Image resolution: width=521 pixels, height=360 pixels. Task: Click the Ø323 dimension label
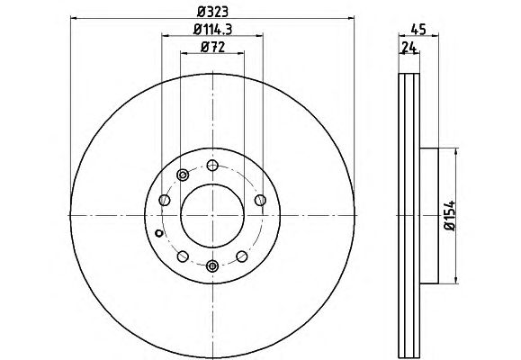(212, 12)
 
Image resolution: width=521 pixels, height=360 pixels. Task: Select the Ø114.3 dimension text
(212, 30)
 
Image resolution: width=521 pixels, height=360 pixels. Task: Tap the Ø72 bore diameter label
(212, 47)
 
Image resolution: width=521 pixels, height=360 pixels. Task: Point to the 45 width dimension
(418, 30)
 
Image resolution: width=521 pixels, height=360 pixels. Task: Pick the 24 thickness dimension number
(409, 48)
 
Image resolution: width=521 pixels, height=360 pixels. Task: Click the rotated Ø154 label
(450, 216)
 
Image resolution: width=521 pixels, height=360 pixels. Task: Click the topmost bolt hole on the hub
(212, 166)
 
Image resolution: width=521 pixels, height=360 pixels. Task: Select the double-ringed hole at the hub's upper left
(183, 175)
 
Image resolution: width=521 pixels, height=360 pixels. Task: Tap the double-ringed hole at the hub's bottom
(212, 265)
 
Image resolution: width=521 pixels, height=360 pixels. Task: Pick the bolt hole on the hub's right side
(260, 200)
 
